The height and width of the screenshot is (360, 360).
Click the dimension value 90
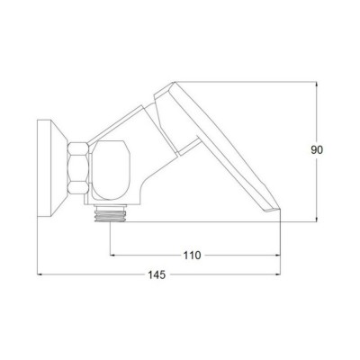point(317,150)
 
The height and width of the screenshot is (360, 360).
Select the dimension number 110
point(192,256)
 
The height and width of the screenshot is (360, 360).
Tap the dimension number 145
point(157,274)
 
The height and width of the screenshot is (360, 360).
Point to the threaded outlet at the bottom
point(110,213)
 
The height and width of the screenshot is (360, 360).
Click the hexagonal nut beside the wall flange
point(78,168)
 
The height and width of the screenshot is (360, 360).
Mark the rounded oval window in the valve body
point(111,170)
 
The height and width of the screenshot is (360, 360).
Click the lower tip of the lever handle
point(280,209)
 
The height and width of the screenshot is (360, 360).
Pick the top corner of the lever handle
point(174,82)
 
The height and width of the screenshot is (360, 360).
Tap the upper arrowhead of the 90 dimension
point(317,85)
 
